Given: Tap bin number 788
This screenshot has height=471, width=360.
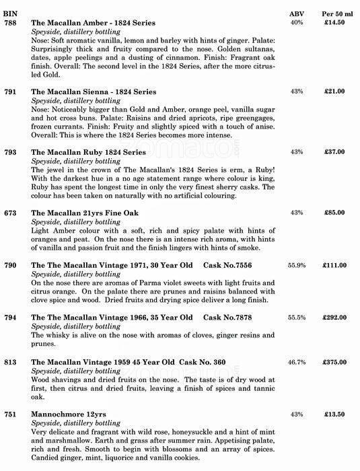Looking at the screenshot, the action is (x=10, y=22).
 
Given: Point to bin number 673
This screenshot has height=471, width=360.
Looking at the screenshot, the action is (x=10, y=213).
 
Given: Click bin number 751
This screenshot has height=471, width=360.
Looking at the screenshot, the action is (x=10, y=414).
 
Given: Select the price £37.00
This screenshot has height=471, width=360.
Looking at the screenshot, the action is (x=336, y=152).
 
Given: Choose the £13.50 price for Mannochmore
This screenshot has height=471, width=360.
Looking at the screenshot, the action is (x=336, y=414).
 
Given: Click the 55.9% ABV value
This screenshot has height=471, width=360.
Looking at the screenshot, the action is (x=297, y=266).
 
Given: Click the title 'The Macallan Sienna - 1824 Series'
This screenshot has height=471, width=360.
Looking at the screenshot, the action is (x=94, y=92).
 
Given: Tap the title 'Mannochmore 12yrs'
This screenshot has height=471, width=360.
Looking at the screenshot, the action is (x=69, y=414).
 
